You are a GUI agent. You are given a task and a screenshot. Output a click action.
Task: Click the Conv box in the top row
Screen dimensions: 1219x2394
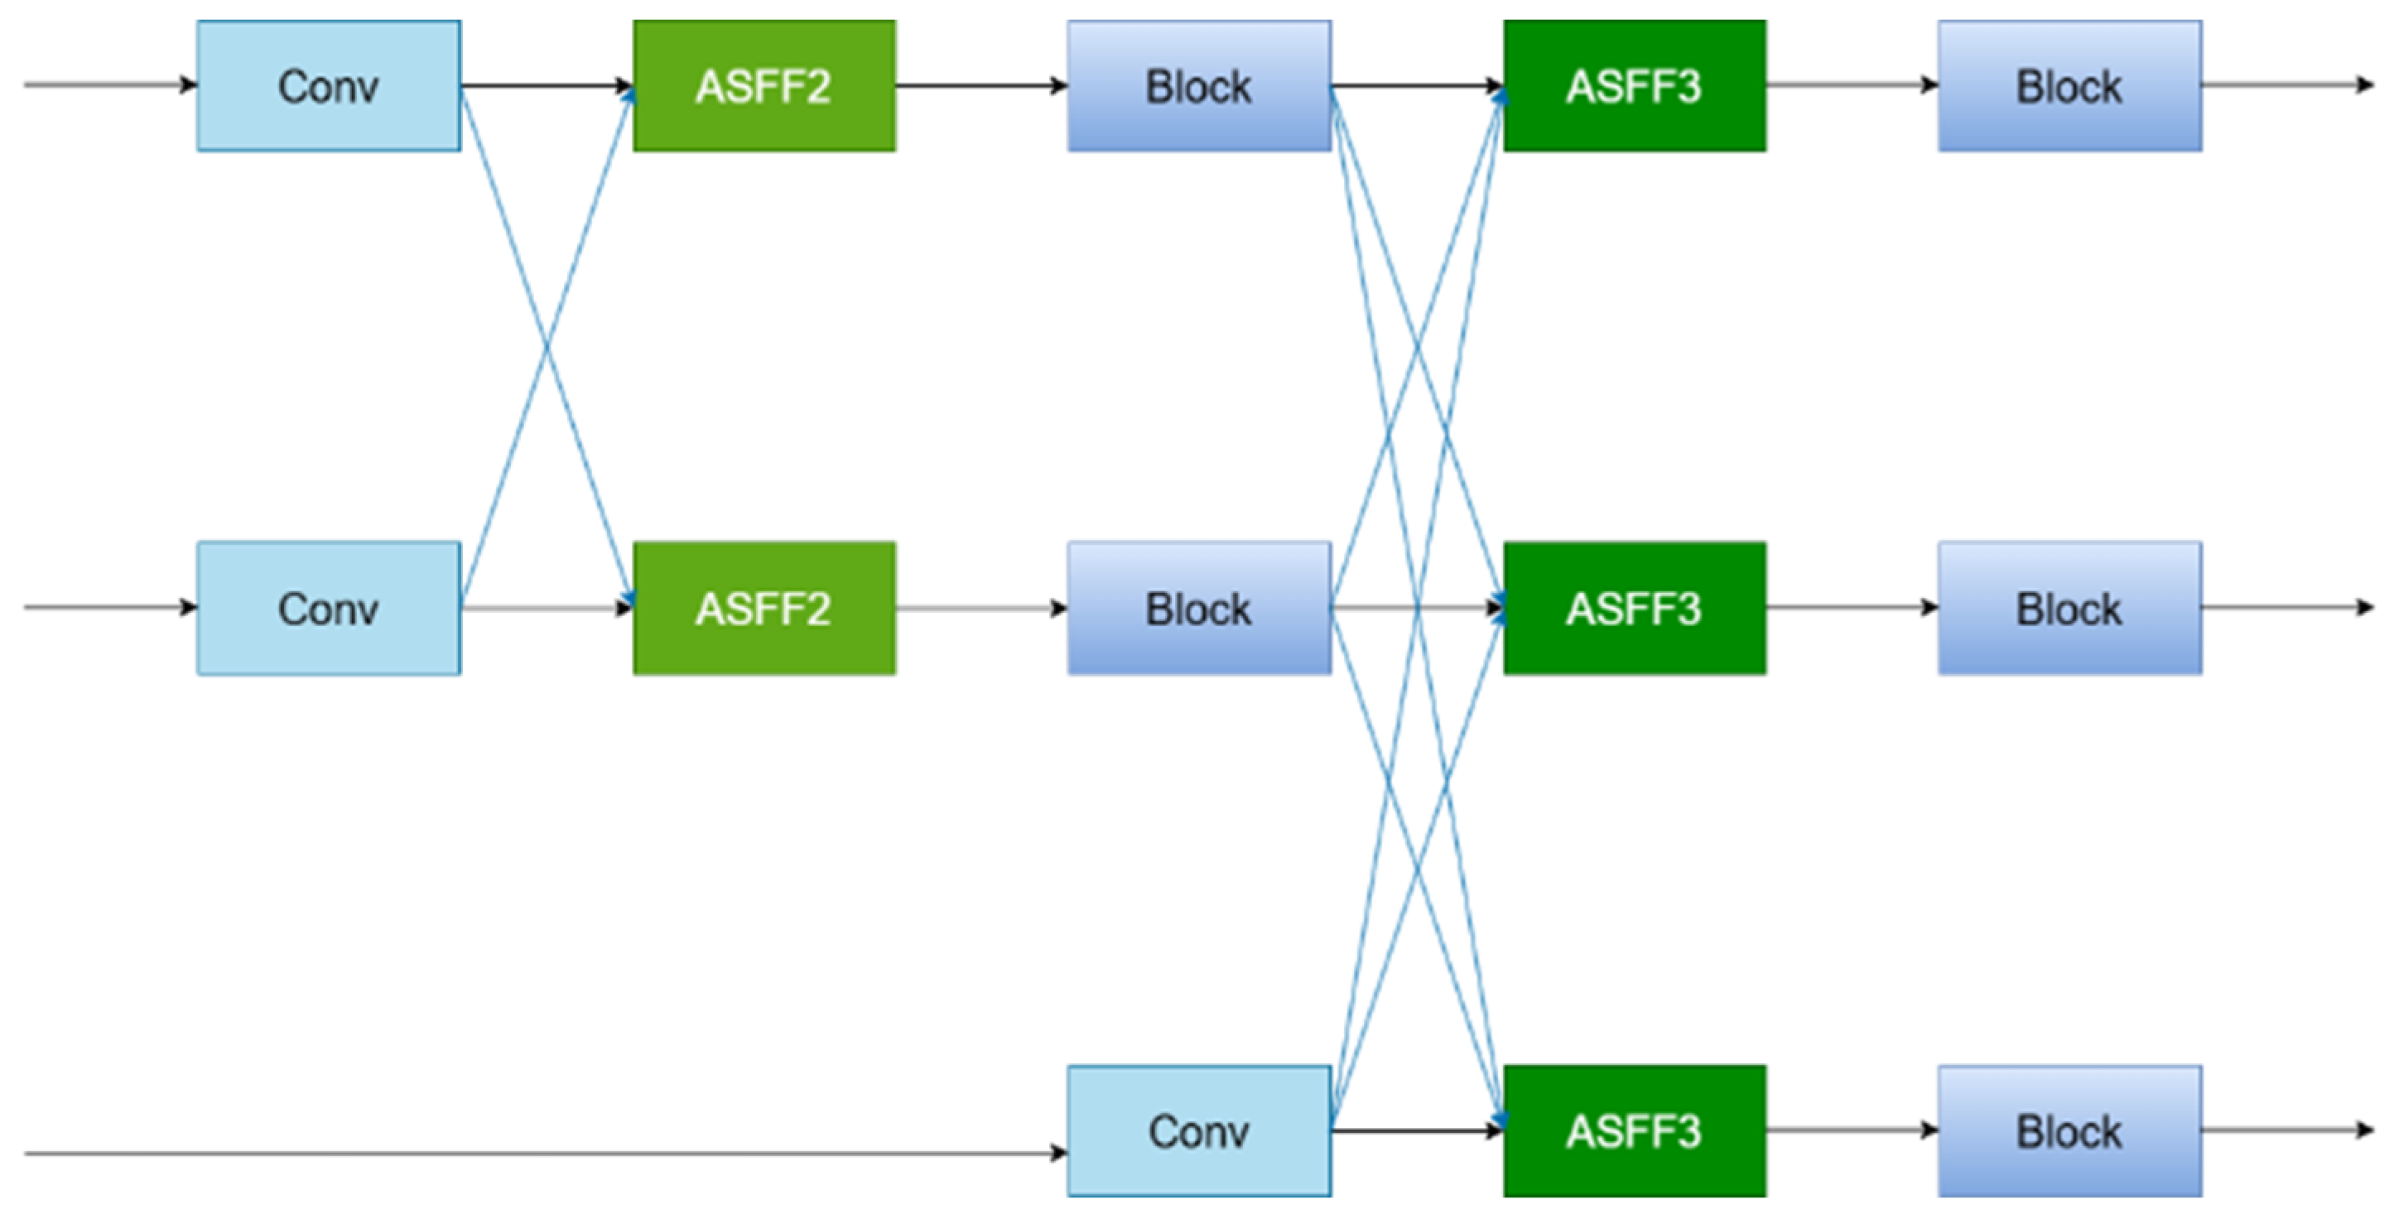[328, 85]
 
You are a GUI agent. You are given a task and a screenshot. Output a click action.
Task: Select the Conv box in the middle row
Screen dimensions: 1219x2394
[328, 609]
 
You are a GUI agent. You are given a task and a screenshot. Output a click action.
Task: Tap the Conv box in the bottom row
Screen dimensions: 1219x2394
[1199, 1130]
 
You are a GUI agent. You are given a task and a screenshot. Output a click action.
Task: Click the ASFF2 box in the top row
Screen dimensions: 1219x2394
[764, 85]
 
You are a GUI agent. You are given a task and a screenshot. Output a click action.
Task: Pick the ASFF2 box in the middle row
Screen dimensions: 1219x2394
[764, 609]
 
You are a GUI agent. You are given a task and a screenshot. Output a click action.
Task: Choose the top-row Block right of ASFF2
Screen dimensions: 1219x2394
[1199, 85]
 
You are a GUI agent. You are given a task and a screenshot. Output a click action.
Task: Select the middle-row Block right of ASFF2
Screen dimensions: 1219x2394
[1199, 609]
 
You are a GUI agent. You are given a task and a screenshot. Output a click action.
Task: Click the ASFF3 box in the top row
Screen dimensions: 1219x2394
[1634, 85]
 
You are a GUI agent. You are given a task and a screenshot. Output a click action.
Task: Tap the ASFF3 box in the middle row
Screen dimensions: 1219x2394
[1634, 609]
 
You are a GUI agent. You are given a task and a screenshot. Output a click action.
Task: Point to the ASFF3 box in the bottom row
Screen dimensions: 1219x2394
[1634, 1130]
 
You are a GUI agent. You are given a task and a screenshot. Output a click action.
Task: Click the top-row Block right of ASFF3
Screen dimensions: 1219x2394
[2069, 85]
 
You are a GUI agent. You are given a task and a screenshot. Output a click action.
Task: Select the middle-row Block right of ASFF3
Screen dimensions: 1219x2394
[2069, 609]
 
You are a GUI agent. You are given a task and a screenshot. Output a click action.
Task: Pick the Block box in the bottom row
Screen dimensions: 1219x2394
[2069, 1130]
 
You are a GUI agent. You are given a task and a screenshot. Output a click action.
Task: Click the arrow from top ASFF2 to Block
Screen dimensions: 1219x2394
[981, 85]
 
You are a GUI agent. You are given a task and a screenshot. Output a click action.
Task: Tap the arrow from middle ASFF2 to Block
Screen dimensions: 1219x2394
[981, 609]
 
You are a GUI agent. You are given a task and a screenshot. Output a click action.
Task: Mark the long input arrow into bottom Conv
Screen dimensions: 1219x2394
[539, 1153]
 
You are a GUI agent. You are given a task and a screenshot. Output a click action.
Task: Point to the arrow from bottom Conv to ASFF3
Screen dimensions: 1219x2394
[1416, 1130]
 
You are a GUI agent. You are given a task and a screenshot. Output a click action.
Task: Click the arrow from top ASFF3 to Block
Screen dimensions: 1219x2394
[1852, 84]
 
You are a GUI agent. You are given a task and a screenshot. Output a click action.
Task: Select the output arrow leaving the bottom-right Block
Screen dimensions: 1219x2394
[2286, 1130]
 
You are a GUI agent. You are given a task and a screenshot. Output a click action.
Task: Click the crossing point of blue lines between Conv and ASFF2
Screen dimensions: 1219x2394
[547, 348]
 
